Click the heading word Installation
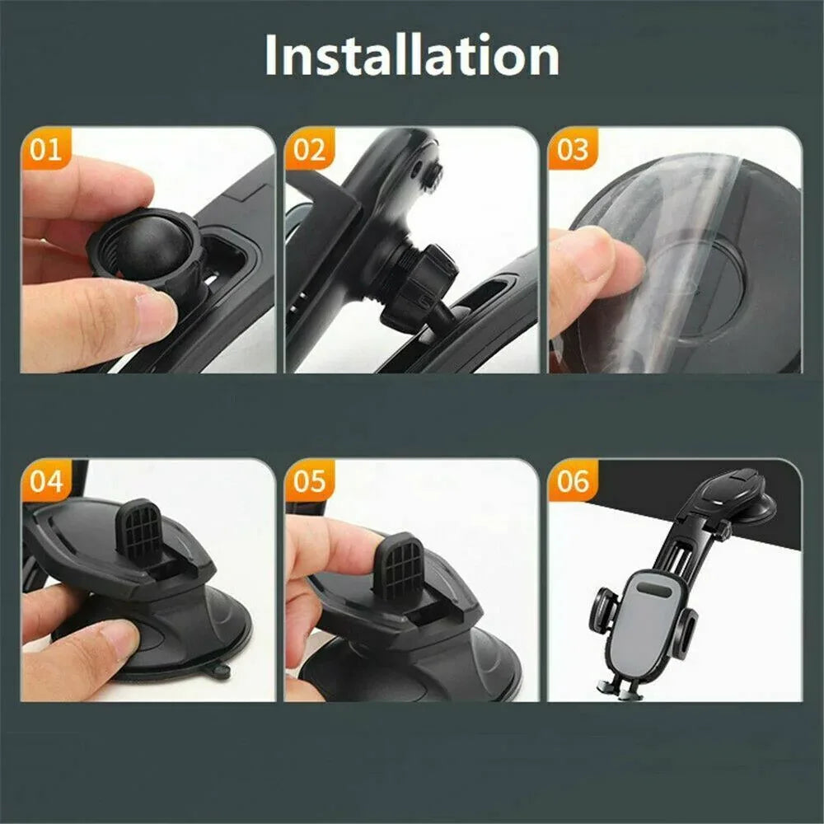pyautogui.click(x=411, y=56)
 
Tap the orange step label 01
pyautogui.click(x=46, y=150)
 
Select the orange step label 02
pyautogui.click(x=310, y=150)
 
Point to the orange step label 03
pyautogui.click(x=574, y=150)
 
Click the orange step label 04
pyautogui.click(x=46, y=481)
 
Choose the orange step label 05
pyautogui.click(x=310, y=481)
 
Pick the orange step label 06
pyautogui.click(x=574, y=481)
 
